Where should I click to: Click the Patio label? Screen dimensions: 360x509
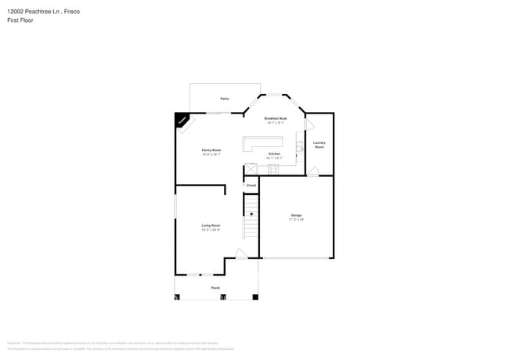point(224,99)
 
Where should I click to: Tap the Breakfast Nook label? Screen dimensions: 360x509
point(275,119)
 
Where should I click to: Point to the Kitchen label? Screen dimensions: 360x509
point(274,155)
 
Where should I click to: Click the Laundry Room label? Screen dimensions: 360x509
point(319,145)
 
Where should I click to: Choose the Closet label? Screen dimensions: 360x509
point(251,185)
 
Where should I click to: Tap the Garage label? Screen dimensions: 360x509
point(297,216)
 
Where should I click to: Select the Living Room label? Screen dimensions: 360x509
point(211,226)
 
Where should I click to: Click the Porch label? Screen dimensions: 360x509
point(215,288)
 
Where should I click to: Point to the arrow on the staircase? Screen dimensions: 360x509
point(251,213)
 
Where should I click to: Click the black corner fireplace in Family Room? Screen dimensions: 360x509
point(182,120)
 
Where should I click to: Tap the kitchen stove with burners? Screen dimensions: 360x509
point(273,167)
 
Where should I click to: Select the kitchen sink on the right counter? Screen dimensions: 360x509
point(299,146)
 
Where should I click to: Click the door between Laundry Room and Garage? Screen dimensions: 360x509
point(312,171)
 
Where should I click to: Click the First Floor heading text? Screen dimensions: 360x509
point(20,20)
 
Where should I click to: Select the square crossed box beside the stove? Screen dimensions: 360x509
point(251,168)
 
